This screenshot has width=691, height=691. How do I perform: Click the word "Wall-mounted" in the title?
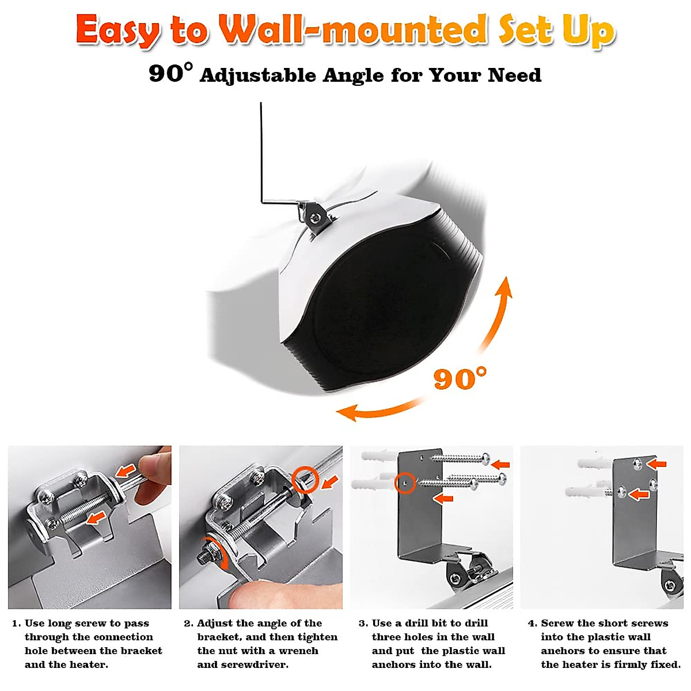[353, 30]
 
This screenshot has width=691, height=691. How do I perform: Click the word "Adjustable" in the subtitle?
[258, 75]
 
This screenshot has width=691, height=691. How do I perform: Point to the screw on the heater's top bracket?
[315, 217]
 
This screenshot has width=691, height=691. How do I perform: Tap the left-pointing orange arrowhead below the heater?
[347, 412]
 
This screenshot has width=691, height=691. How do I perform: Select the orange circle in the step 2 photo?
[305, 480]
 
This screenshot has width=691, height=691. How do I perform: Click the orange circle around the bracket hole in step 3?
[405, 483]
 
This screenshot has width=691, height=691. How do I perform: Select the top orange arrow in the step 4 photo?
[656, 464]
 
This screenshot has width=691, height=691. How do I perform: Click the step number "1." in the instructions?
[17, 623]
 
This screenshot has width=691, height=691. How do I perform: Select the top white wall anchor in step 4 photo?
[596, 464]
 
